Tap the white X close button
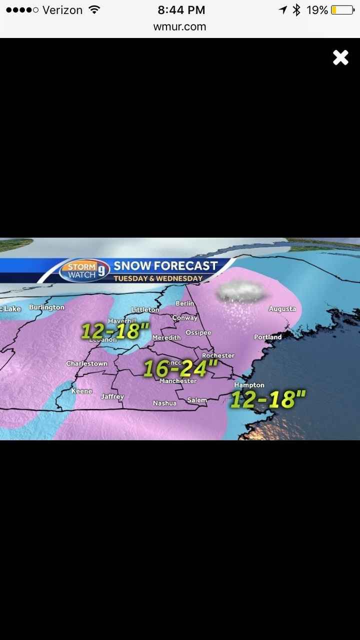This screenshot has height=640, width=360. tap(340, 57)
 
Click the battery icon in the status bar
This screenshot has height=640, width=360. tap(342, 10)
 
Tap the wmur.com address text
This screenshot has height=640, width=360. tap(180, 27)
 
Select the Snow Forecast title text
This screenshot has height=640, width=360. tap(165, 266)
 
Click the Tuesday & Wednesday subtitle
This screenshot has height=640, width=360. tap(158, 278)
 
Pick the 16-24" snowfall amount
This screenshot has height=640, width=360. tap(180, 368)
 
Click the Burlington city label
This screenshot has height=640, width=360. tap(46, 307)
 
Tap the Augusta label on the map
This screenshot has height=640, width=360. tap(282, 309)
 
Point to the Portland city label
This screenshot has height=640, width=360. tap(267, 337)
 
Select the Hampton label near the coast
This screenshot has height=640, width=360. tap(249, 385)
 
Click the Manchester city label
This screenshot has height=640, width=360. tap(178, 381)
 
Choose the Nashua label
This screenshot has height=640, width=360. tap(164, 403)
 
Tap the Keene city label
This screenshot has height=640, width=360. tap(81, 391)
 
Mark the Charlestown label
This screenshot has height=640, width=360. tap(86, 363)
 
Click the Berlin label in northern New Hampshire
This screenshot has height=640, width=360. tap(184, 304)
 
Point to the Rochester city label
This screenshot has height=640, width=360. tap(218, 355)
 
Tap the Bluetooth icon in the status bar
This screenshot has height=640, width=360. tap(296, 10)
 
